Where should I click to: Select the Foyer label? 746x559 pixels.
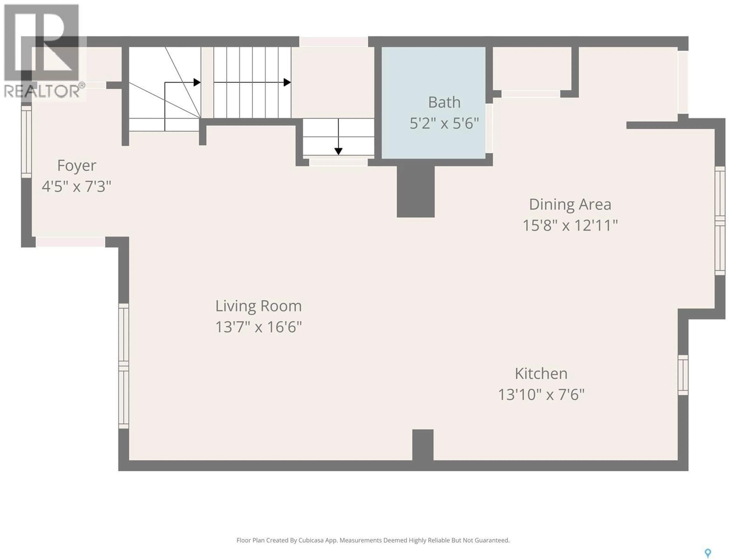[77, 165]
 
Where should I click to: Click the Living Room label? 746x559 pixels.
[258, 306]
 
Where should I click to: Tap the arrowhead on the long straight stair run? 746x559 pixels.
[287, 82]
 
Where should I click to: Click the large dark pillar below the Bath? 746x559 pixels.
[416, 191]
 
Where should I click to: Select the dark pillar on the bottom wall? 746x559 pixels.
[423, 445]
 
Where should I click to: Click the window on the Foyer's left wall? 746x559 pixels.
[26, 141]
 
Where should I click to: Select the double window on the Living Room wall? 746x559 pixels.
[124, 366]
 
